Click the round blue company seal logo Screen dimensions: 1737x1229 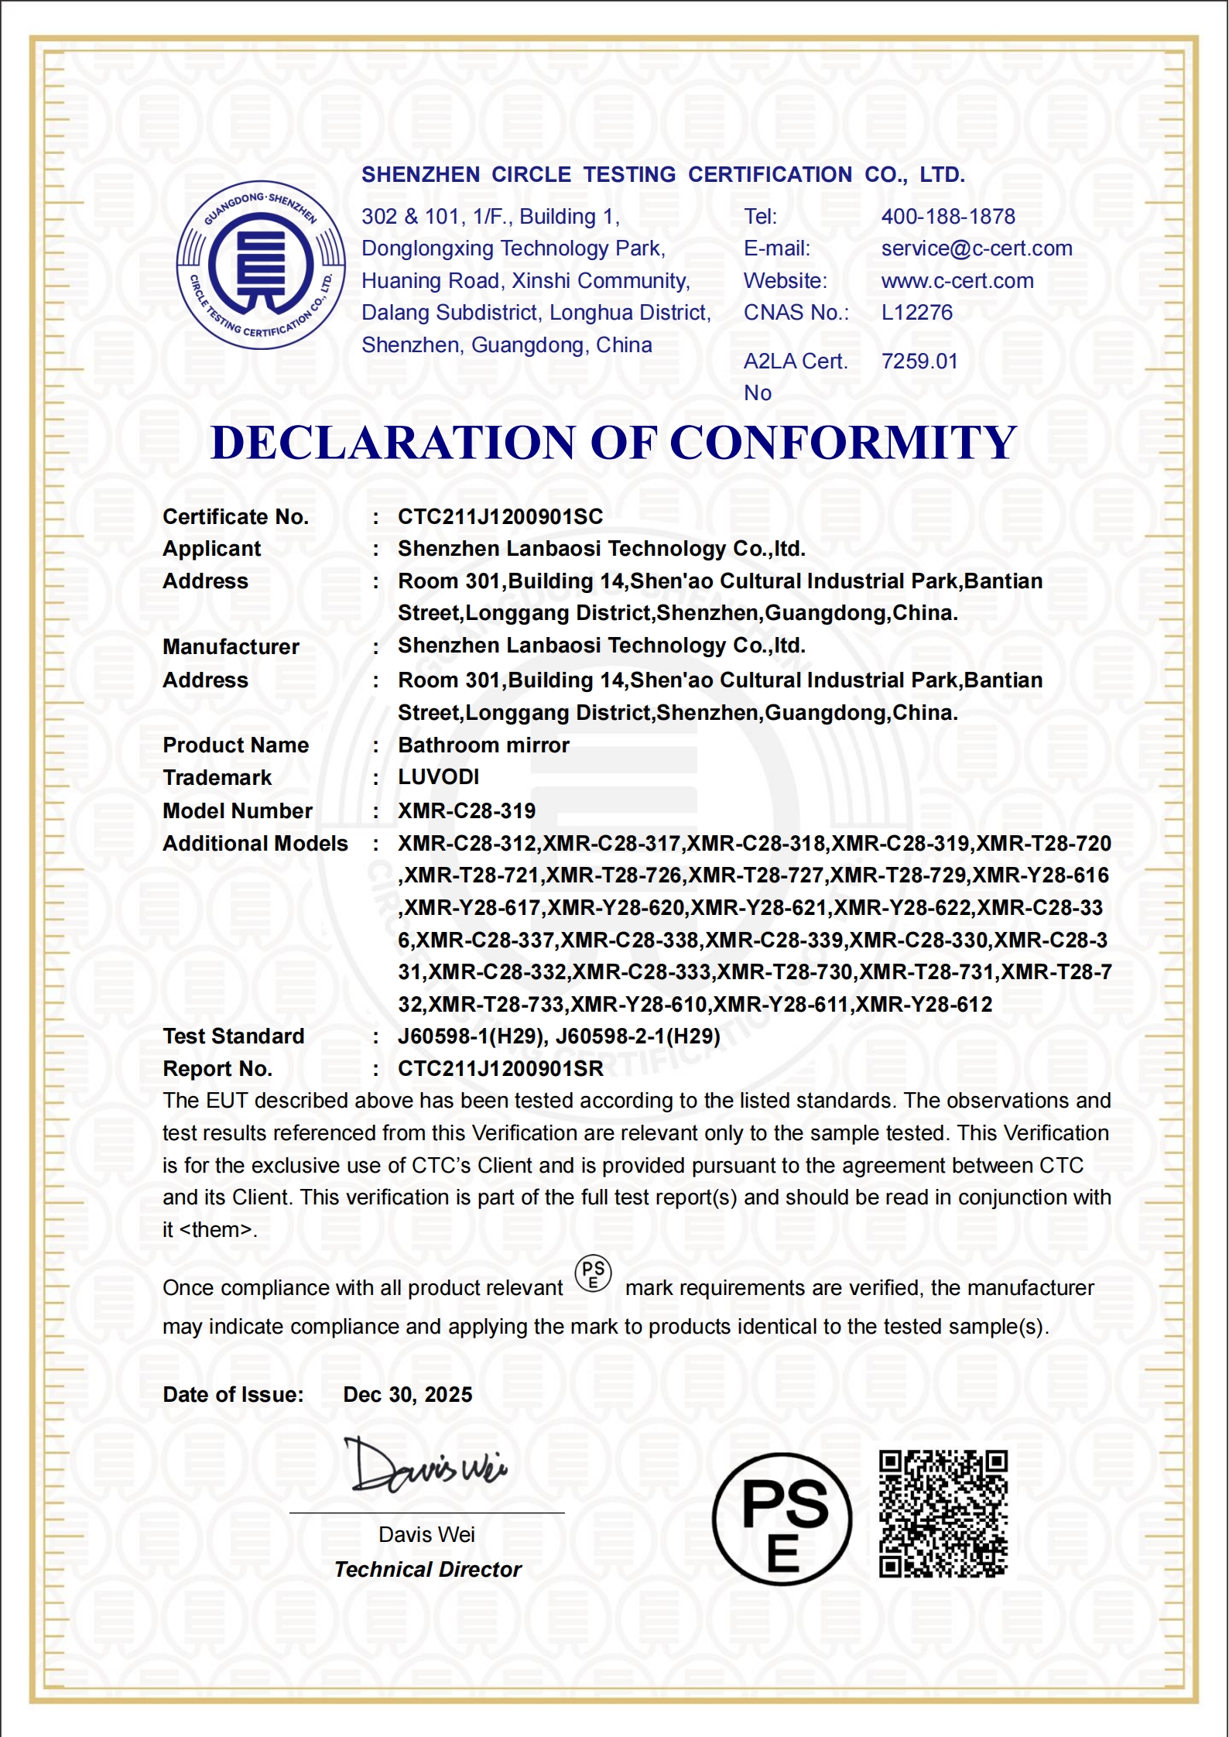[x=261, y=265]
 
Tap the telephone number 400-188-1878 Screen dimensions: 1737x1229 [x=948, y=217]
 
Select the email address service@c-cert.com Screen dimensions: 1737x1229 [x=977, y=248]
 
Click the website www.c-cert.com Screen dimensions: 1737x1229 [x=957, y=281]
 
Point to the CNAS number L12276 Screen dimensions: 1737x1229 [x=917, y=313]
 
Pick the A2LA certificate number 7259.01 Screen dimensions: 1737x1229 [x=919, y=361]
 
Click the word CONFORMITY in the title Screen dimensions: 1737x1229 [x=843, y=443]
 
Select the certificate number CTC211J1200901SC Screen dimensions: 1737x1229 [x=500, y=517]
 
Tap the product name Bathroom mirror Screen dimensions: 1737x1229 [x=484, y=745]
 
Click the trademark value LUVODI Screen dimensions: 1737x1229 [x=439, y=777]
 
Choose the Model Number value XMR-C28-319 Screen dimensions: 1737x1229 [x=467, y=811]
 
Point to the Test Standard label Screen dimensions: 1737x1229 [x=234, y=1036]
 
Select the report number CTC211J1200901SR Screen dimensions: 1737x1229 [x=500, y=1069]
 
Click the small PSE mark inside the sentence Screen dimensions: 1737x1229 [x=594, y=1274]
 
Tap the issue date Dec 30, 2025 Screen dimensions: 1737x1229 [x=408, y=1395]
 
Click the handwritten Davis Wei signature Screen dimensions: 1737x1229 [x=426, y=1466]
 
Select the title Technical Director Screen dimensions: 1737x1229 [x=428, y=1570]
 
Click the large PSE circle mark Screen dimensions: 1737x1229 [x=782, y=1520]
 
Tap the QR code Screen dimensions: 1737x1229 [x=943, y=1515]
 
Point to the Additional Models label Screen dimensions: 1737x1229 [x=255, y=844]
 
